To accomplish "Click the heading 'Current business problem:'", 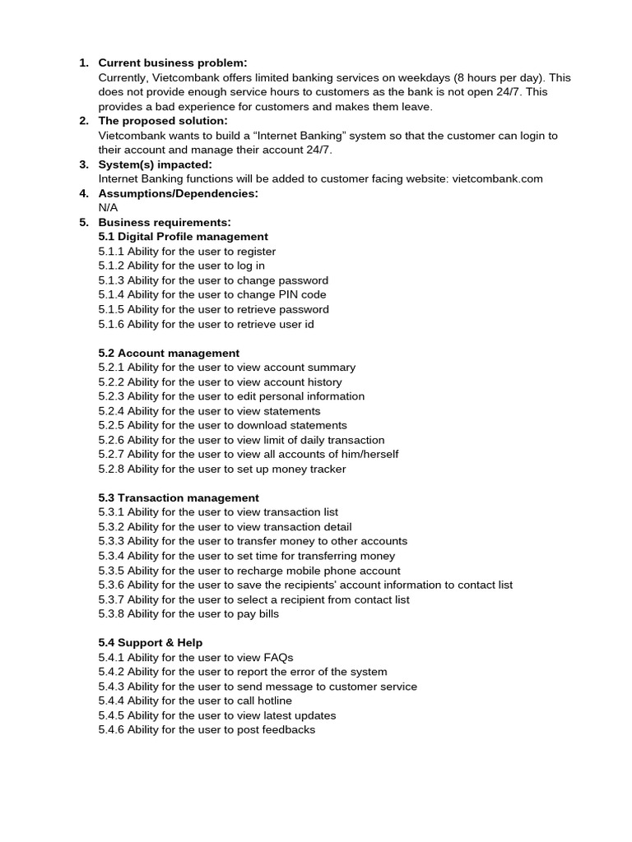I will click(x=173, y=63).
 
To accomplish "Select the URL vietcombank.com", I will click(x=497, y=178).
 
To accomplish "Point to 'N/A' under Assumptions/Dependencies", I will click(x=108, y=208).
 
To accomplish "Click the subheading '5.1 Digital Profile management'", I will click(x=183, y=237).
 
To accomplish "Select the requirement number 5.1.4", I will click(x=111, y=294).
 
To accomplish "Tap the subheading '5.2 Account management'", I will click(x=169, y=353).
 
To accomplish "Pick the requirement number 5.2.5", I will click(x=111, y=425).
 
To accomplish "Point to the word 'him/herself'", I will click(x=369, y=454).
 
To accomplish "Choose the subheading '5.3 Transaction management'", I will click(x=179, y=497).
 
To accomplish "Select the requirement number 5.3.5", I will click(x=111, y=570).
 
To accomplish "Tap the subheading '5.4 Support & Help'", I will click(x=151, y=642).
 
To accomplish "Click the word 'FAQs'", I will click(x=278, y=657).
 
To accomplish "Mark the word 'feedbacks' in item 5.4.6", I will click(x=288, y=729).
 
